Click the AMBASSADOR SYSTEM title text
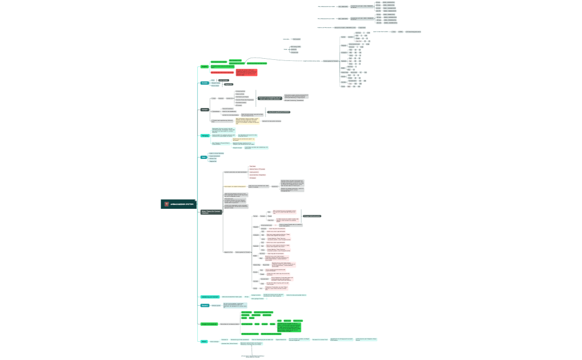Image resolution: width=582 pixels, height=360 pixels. (x=182, y=204)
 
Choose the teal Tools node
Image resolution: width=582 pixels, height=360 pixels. (x=203, y=157)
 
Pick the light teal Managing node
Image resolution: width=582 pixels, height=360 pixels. (x=205, y=135)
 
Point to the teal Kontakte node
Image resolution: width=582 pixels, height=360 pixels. (x=205, y=83)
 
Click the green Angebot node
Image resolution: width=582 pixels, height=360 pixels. (x=204, y=66)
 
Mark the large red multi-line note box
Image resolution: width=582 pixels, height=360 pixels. (x=246, y=72)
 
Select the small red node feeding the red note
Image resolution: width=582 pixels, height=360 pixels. (x=222, y=73)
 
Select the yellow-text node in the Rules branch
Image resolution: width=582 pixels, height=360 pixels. (x=234, y=186)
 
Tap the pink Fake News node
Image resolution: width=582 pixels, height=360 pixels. (x=253, y=166)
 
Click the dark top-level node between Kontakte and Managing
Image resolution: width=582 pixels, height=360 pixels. (x=205, y=110)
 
